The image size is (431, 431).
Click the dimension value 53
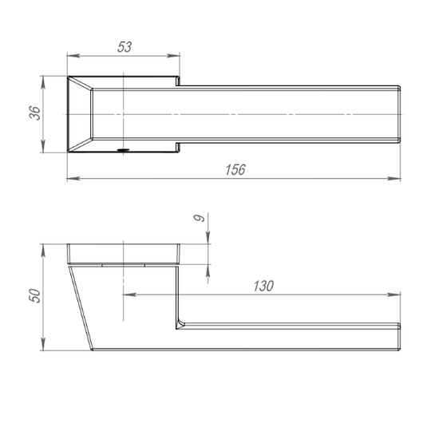click(125, 47)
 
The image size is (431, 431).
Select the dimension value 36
click(35, 113)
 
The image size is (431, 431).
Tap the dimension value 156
click(235, 169)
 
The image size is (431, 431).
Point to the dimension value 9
click(200, 218)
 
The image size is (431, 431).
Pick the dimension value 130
click(263, 287)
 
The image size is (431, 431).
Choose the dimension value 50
click(35, 296)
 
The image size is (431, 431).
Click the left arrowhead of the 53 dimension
click(73, 56)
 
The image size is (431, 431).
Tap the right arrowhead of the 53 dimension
click(173, 56)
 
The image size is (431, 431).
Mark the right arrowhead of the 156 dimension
click(393, 179)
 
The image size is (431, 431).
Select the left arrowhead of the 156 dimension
click(73, 179)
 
